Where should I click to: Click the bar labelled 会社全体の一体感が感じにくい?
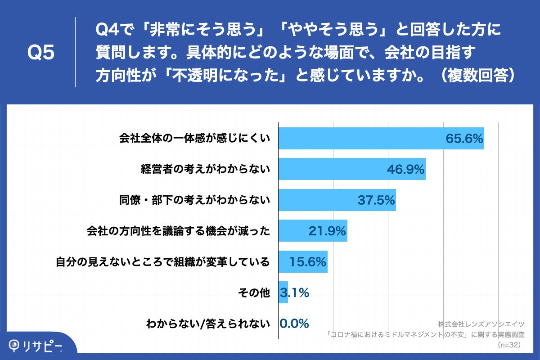(360, 138)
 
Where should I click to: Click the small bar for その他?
(283, 292)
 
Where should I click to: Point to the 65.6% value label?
(464, 139)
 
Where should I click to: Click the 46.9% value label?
(405, 170)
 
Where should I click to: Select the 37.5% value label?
(376, 200)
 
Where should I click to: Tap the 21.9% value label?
(327, 231)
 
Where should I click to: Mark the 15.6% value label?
(307, 262)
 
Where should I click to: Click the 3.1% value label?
(295, 293)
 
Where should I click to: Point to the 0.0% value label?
(294, 324)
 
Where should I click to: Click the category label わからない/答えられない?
(208, 324)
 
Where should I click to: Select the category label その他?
(254, 293)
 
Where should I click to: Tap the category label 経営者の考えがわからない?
(205, 170)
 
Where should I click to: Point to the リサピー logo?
(36, 346)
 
